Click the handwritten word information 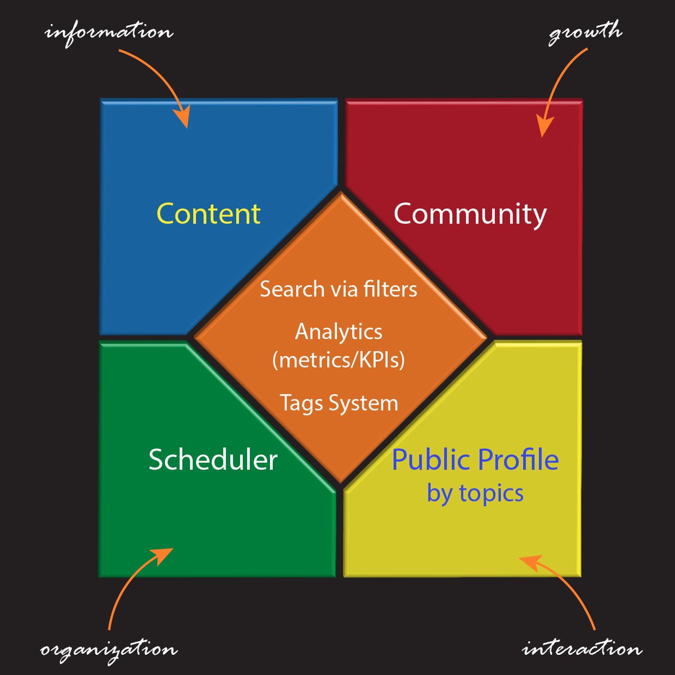(109, 34)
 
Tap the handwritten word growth (585, 33)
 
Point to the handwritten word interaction (582, 648)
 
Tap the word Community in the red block (470, 214)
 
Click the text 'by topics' (475, 493)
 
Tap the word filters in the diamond (390, 289)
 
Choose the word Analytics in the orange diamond (339, 331)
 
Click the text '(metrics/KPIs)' (339, 359)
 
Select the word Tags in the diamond (301, 403)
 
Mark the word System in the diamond (363, 403)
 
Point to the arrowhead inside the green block (161, 555)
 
